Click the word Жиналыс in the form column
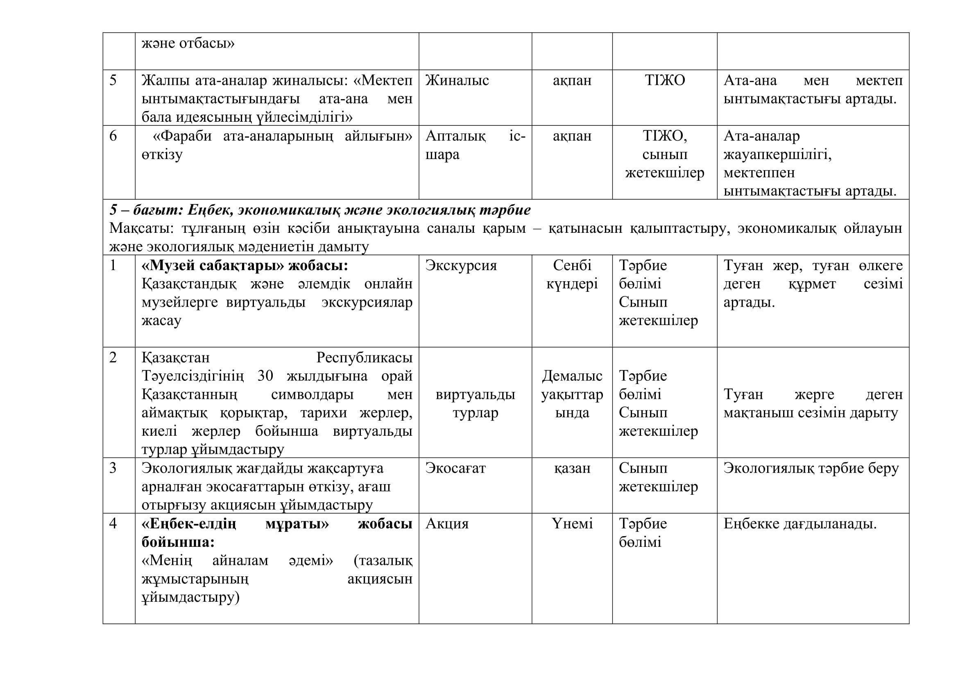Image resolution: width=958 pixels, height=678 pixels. pyautogui.click(x=457, y=80)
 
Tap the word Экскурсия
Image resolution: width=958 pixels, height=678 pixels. pyautogui.click(x=461, y=266)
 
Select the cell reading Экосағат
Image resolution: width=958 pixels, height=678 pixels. pyautogui.click(x=455, y=468)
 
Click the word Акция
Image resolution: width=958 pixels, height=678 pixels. pyautogui.click(x=447, y=523)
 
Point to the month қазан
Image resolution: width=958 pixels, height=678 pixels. pyautogui.click(x=572, y=468)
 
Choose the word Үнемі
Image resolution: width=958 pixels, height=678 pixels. pyautogui.click(x=572, y=523)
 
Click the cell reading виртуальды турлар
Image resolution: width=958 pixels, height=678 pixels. pyautogui.click(x=475, y=403)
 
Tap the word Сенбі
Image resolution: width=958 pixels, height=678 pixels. pyautogui.click(x=572, y=266)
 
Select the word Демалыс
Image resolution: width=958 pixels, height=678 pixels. pyautogui.click(x=572, y=376)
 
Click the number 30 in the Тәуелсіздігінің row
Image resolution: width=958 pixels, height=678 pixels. pyautogui.click(x=265, y=376)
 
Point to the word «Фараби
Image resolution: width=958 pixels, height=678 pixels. pyautogui.click(x=183, y=136)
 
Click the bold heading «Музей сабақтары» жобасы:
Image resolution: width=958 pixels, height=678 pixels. pyautogui.click(x=245, y=266)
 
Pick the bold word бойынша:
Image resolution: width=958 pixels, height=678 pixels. pyautogui.click(x=178, y=542)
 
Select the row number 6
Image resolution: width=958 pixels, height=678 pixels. pyautogui.click(x=113, y=136)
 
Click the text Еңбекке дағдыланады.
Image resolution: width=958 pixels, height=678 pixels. pyautogui.click(x=800, y=523)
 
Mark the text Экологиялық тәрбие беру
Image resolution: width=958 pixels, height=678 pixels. pyautogui.click(x=811, y=468)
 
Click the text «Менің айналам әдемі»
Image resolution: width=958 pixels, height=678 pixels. pyautogui.click(x=238, y=560)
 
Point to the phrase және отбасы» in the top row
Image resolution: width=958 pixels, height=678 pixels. pyautogui.click(x=188, y=43)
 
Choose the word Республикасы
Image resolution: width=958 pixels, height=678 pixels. pyautogui.click(x=364, y=358)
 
